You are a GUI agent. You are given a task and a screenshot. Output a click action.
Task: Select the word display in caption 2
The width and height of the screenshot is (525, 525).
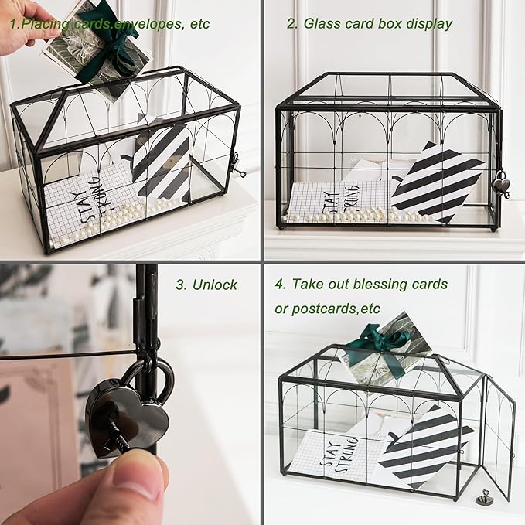click(426, 23)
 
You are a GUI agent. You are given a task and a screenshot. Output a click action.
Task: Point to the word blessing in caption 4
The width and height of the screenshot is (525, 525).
click(355, 284)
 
